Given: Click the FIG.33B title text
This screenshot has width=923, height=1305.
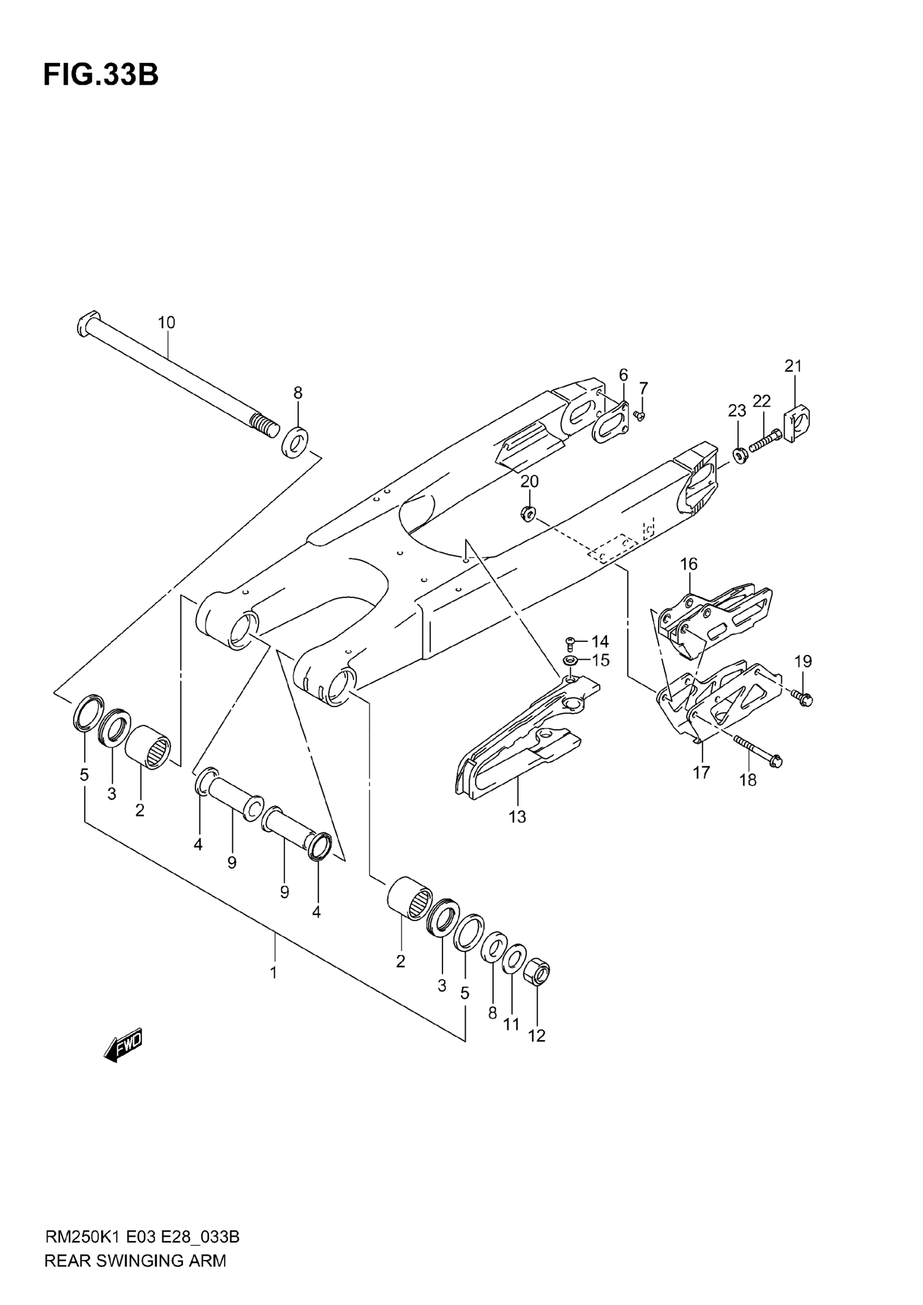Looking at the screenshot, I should (x=100, y=75).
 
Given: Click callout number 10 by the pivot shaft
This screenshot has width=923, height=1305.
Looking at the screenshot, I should (x=167, y=323).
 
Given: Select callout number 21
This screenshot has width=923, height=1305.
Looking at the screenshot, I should (x=793, y=367).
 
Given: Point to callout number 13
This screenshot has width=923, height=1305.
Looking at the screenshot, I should (x=517, y=817).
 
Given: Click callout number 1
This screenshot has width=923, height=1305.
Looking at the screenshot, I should (x=274, y=973).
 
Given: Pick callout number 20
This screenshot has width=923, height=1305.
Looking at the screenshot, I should (x=529, y=481).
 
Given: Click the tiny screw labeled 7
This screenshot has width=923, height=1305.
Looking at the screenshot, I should (x=640, y=416).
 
